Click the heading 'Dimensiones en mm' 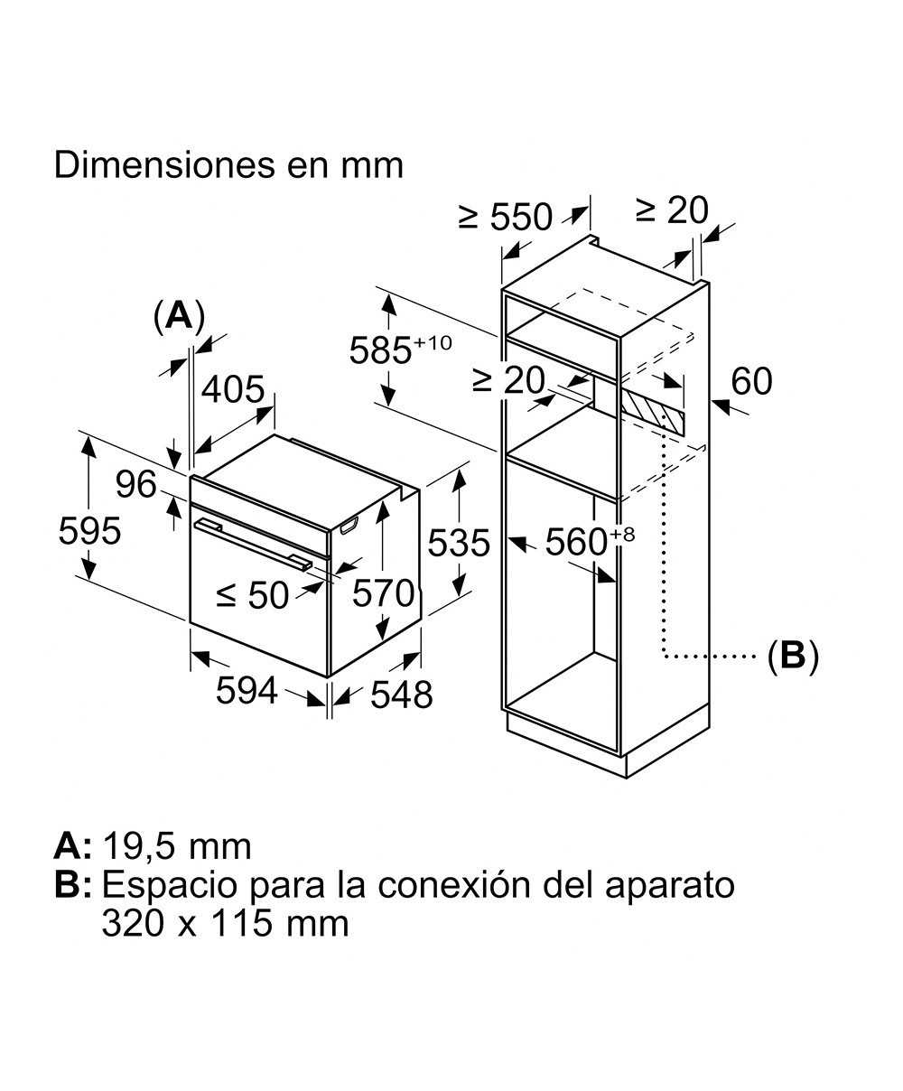tap(228, 166)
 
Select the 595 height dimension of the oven tap(89, 530)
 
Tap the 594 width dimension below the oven tap(247, 691)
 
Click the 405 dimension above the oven tap(232, 390)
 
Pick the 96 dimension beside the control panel tap(136, 486)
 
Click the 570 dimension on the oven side tap(383, 593)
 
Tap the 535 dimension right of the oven tap(458, 544)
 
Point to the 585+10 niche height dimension tap(399, 349)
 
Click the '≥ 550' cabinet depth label tap(505, 217)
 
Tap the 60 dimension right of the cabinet tap(751, 382)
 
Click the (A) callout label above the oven tap(179, 317)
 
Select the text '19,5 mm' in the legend tap(177, 846)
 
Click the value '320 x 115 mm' tap(225, 924)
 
